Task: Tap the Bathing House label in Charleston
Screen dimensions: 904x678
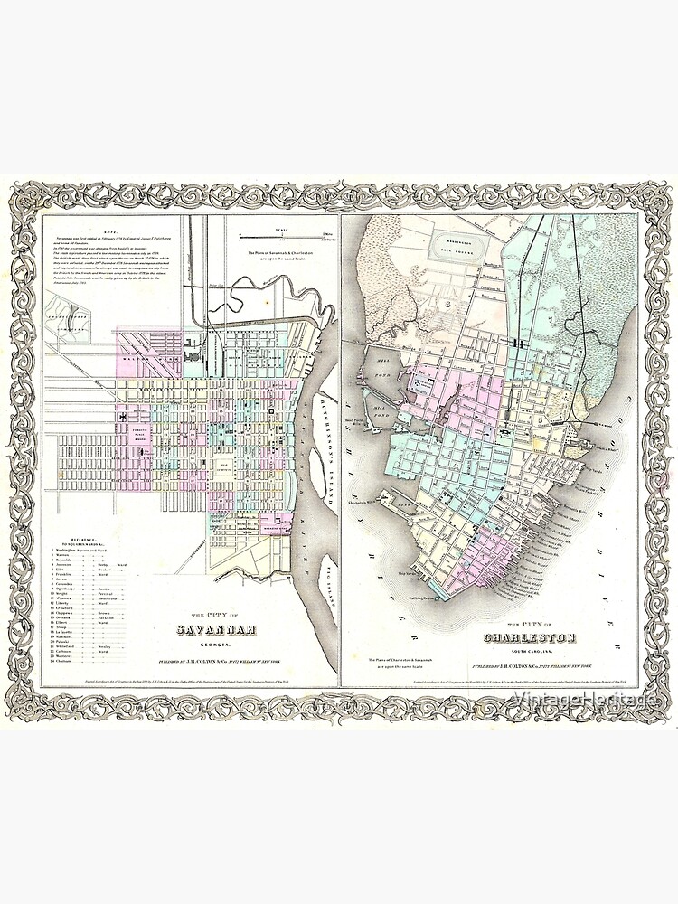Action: point(419,589)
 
